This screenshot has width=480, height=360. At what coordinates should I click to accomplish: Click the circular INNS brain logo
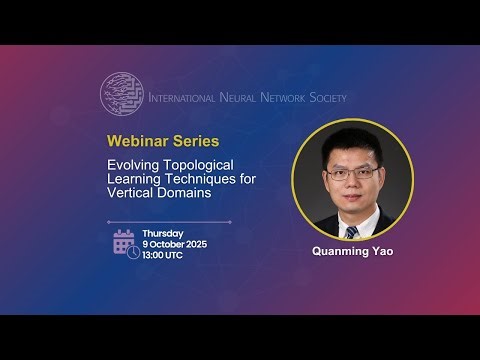click(x=121, y=93)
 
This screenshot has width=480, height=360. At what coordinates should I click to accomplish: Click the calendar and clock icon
click(x=126, y=243)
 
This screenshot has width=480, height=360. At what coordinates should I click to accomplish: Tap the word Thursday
click(x=162, y=233)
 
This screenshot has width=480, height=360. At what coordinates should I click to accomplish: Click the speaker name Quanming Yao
click(x=352, y=252)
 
